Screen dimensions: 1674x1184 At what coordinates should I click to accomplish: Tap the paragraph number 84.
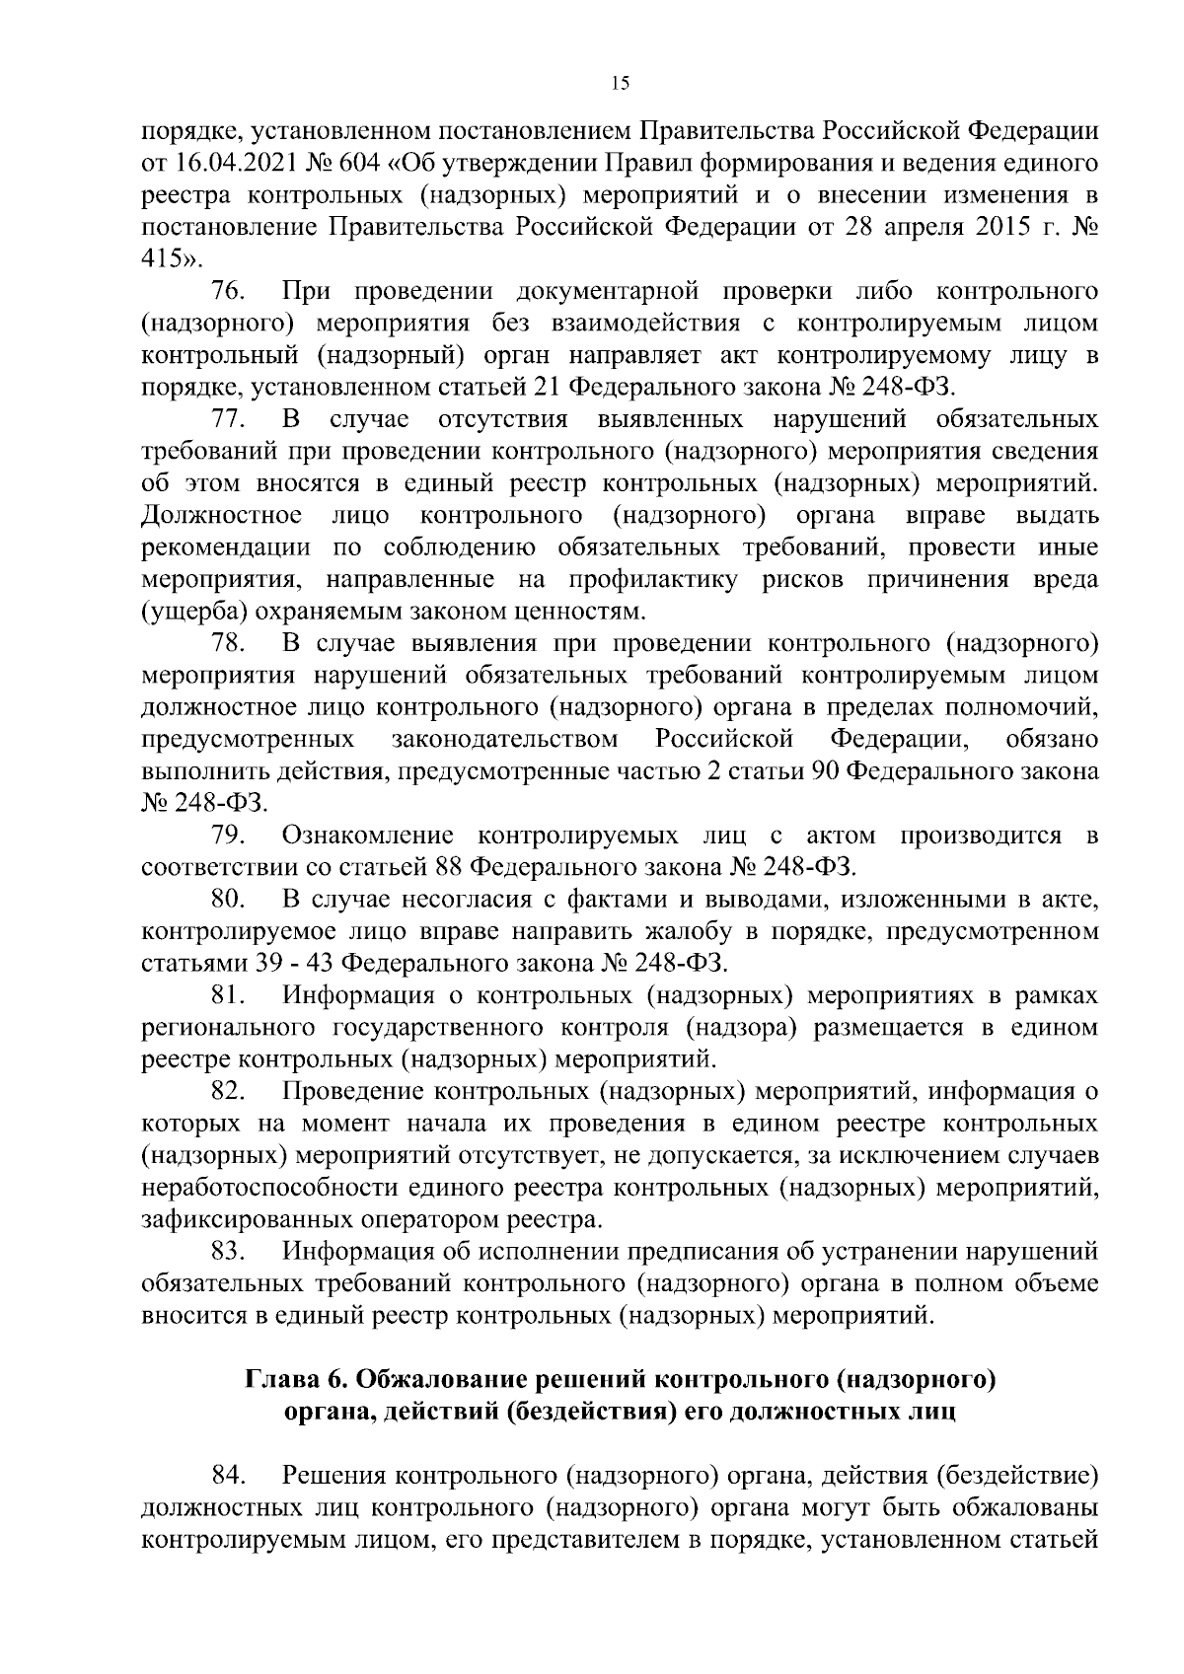tap(229, 1476)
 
